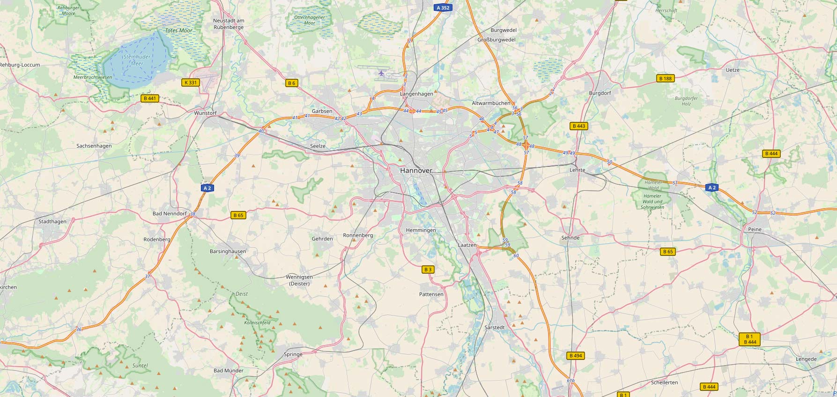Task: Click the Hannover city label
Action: (x=416, y=171)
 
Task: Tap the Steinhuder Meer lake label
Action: (x=133, y=60)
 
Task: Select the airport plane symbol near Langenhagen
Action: (x=381, y=73)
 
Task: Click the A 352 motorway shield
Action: (x=442, y=7)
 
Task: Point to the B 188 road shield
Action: (x=665, y=78)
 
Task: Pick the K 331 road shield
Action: (x=191, y=82)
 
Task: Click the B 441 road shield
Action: (x=150, y=98)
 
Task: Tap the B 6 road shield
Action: (x=292, y=83)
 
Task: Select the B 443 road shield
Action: (x=579, y=126)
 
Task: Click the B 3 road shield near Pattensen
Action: (x=428, y=270)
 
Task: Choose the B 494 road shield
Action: (x=576, y=356)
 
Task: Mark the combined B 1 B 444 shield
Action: (x=749, y=339)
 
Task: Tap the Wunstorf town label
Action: (x=205, y=113)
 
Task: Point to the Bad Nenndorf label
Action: (x=170, y=214)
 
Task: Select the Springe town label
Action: (x=293, y=354)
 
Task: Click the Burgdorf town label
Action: (x=600, y=93)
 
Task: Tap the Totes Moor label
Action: (x=179, y=30)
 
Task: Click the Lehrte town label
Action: (x=578, y=170)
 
